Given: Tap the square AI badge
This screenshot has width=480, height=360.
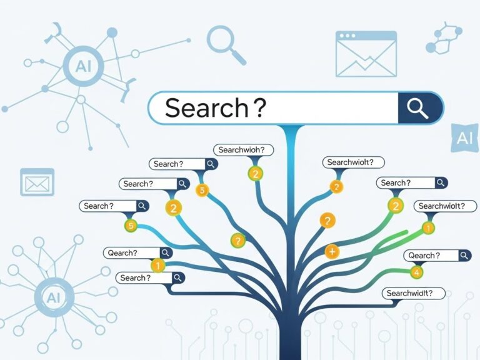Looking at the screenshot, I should (x=464, y=138).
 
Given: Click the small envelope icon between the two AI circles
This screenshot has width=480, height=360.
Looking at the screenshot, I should (x=37, y=181).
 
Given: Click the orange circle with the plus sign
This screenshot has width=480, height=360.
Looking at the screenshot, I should (x=332, y=252).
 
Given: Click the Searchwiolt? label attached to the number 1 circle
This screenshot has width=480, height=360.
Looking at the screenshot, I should (x=444, y=206).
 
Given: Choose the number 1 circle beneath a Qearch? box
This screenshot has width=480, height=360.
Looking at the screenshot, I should (x=157, y=266).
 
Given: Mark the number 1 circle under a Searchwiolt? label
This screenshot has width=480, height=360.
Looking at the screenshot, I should (x=428, y=228).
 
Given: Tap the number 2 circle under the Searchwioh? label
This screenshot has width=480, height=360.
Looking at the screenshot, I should (x=254, y=174).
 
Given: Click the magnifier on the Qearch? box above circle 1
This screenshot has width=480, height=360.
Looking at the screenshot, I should (x=166, y=253).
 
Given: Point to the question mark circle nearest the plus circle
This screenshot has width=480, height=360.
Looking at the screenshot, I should (x=327, y=220).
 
